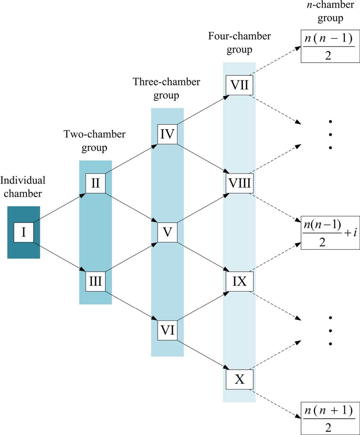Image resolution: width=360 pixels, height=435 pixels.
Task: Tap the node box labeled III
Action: (95, 282)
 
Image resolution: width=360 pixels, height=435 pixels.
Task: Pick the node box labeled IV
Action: (168, 134)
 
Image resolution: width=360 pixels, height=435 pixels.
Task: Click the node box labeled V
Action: (168, 232)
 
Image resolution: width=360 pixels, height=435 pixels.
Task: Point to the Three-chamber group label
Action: (166, 89)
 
